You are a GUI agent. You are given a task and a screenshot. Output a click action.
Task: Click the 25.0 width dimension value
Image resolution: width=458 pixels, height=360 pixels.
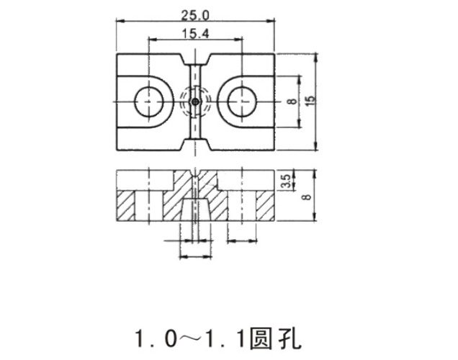195,15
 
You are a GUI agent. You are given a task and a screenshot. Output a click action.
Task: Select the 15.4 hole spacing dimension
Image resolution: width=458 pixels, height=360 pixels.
195,33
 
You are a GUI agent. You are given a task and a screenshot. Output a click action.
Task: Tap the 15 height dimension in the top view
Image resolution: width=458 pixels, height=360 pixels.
312,100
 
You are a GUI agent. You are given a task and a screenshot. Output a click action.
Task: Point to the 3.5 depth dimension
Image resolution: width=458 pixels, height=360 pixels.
287,181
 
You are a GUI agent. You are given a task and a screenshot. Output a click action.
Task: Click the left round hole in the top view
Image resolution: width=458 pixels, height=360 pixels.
148,102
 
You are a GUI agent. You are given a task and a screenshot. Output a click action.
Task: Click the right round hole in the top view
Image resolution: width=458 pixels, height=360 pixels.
242,102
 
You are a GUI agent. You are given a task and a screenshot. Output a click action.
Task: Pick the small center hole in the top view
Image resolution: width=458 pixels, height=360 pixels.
196,102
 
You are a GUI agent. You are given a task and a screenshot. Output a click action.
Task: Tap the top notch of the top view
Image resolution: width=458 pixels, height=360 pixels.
196,59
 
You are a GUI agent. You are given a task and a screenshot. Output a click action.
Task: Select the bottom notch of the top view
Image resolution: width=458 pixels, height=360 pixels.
196,145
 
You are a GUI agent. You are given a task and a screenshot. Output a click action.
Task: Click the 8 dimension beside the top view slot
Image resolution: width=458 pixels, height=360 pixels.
292,102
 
